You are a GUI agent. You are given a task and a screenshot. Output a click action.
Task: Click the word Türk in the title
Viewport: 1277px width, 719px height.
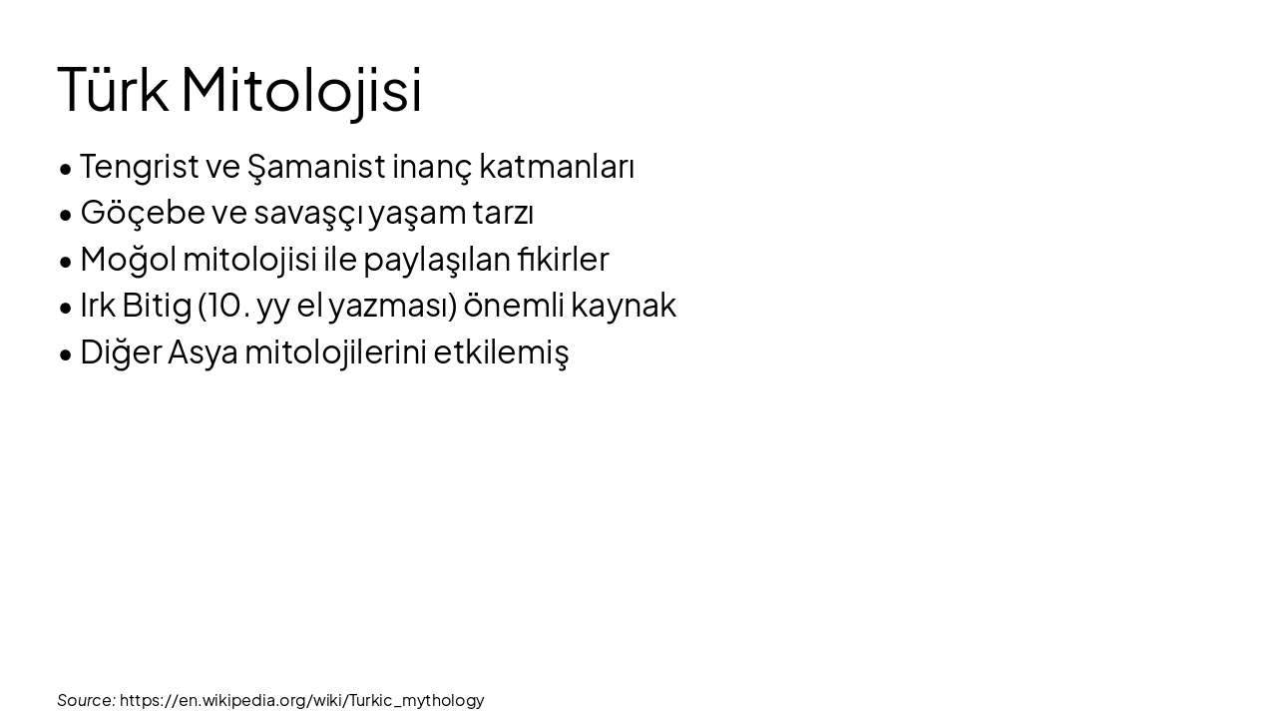click(x=113, y=90)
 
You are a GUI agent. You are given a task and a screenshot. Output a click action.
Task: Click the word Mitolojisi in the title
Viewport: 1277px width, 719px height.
click(x=301, y=90)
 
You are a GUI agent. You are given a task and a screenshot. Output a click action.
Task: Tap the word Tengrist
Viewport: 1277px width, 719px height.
click(x=139, y=167)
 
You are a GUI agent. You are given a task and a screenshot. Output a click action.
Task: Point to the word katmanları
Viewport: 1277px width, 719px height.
click(x=557, y=167)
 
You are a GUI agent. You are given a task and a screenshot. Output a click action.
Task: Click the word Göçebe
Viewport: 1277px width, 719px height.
click(x=142, y=213)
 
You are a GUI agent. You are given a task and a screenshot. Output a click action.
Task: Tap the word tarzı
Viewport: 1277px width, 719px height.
click(x=503, y=213)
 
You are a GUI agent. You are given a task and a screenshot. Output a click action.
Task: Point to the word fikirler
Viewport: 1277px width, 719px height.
click(x=563, y=260)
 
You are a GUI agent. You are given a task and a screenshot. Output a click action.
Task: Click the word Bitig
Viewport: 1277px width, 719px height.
click(x=157, y=306)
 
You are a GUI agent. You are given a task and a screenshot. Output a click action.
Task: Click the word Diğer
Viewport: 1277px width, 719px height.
click(x=121, y=353)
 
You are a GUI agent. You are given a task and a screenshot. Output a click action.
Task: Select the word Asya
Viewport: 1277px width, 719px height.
click(x=203, y=353)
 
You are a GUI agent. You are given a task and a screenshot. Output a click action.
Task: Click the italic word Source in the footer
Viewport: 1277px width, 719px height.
click(x=86, y=700)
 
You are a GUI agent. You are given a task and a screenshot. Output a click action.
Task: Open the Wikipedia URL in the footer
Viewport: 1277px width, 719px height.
click(x=301, y=700)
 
